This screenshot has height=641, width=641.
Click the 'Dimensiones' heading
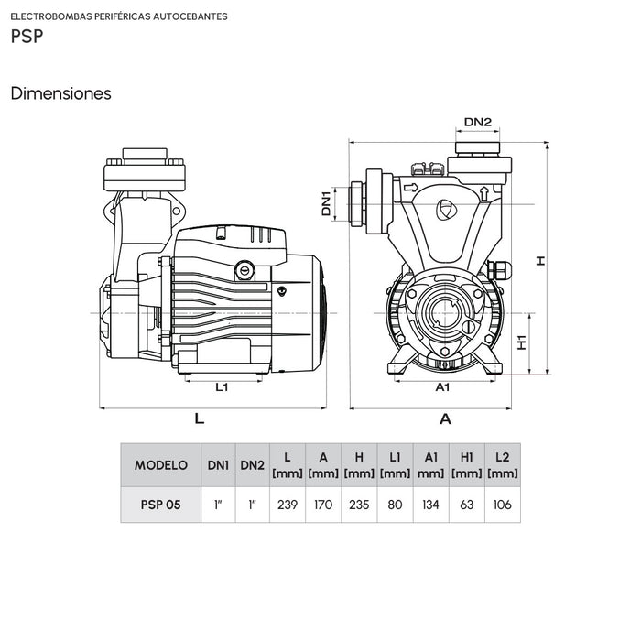(x=60, y=93)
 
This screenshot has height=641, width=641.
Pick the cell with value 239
(x=287, y=505)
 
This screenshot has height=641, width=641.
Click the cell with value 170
(x=323, y=505)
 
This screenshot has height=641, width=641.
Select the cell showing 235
(x=359, y=505)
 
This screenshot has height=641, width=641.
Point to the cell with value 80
(x=395, y=505)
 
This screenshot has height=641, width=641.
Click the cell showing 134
(x=430, y=505)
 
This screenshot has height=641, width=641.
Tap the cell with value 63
(x=466, y=505)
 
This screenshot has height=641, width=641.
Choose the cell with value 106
(x=502, y=505)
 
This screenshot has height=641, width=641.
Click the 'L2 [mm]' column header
(x=502, y=465)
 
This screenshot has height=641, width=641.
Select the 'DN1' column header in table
(x=218, y=465)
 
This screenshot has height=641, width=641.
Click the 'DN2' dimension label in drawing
(x=477, y=122)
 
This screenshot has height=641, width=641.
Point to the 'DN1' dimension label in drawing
(x=327, y=203)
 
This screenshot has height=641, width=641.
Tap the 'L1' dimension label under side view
(x=222, y=387)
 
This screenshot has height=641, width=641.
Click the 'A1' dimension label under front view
(x=442, y=387)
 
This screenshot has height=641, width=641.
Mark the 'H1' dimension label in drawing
(x=521, y=342)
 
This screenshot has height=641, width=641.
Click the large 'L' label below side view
(x=199, y=418)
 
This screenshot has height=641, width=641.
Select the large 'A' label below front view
(x=445, y=419)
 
